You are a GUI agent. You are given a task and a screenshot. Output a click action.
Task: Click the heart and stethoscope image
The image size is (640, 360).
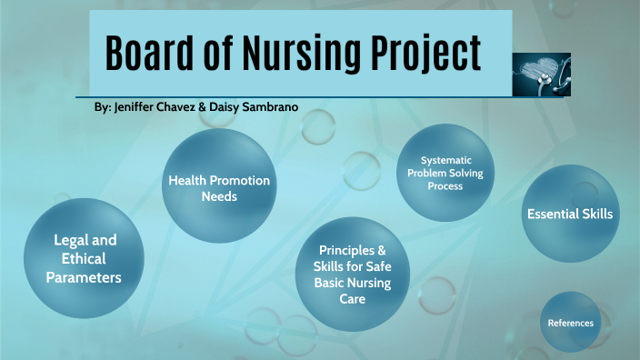(x=542, y=75)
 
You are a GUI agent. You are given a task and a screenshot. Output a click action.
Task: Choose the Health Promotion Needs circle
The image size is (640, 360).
(x=218, y=187)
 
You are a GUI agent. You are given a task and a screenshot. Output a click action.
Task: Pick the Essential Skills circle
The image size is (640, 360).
(x=570, y=214)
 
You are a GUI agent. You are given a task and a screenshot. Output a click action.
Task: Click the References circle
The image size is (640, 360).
(x=571, y=323)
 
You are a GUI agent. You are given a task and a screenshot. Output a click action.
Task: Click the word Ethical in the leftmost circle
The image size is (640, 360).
(x=85, y=259)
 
